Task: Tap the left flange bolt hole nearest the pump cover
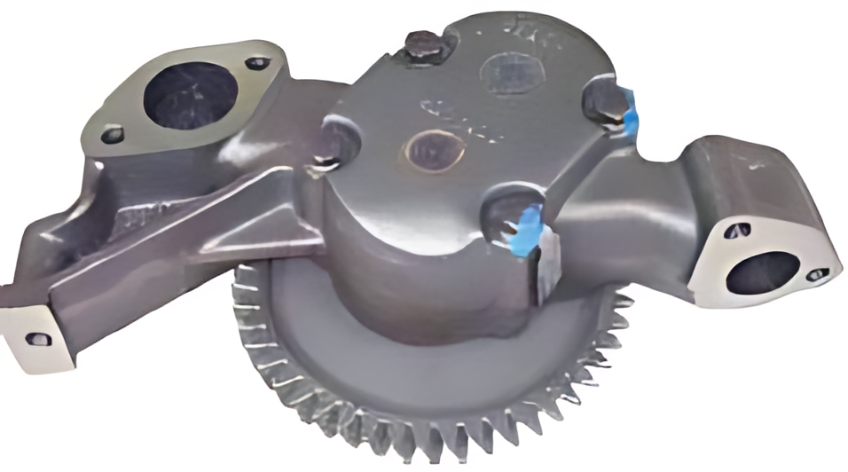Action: [257, 63]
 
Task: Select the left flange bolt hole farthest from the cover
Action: [112, 136]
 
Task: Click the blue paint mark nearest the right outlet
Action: [631, 107]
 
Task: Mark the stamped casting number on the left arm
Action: [137, 217]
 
